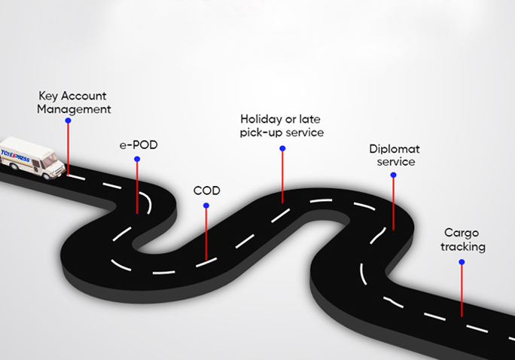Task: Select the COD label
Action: point(206,191)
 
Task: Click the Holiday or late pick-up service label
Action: point(282,126)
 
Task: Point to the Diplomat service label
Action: point(392,154)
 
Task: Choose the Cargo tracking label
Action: point(461,239)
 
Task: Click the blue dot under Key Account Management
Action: point(68,120)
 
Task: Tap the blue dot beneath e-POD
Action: point(137,159)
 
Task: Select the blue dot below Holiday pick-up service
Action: point(282,148)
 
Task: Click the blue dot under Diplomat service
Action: point(393,175)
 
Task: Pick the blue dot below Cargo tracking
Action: point(462,262)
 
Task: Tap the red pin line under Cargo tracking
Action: point(462,290)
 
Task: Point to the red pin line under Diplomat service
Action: point(393,203)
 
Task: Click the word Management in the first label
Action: point(75,108)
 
